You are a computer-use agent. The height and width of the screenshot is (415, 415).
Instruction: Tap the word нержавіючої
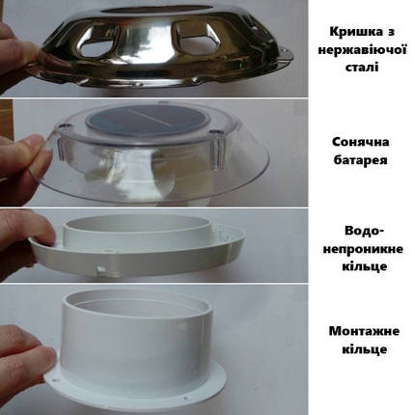362,50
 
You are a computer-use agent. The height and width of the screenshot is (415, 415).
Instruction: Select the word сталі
362,67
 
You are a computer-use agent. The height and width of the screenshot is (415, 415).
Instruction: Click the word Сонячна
360,142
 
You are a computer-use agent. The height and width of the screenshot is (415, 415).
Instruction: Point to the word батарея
360,160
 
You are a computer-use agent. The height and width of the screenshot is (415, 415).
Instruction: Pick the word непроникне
363,249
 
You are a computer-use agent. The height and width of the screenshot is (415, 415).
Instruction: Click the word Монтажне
364,331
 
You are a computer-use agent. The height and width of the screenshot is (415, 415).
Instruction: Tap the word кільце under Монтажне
364,349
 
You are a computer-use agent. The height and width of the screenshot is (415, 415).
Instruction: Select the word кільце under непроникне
364,266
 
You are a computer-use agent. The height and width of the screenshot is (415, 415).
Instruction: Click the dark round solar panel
148,120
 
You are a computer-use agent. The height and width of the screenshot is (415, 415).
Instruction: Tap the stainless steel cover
164,45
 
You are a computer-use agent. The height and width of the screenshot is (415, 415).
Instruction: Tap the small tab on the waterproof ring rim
100,270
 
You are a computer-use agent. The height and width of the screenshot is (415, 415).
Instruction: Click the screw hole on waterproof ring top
113,250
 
